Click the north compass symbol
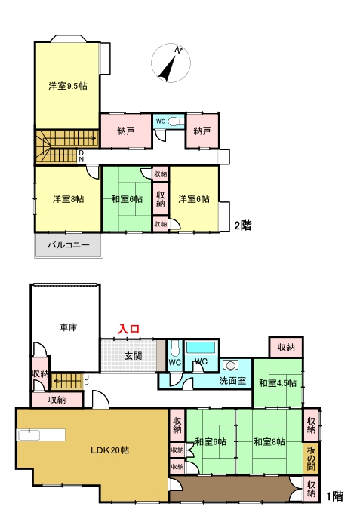click(172, 65)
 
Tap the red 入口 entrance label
click(128, 330)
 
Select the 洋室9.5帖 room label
click(68, 86)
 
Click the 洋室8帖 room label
click(68, 199)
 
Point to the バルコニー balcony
click(69, 245)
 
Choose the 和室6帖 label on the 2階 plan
click(128, 199)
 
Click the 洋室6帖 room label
click(194, 199)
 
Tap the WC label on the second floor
click(161, 121)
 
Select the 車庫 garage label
click(69, 327)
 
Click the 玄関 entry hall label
click(134, 355)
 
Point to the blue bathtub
click(201, 348)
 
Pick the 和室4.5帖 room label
click(278, 383)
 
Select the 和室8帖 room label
click(269, 441)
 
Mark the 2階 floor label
click(242, 224)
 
